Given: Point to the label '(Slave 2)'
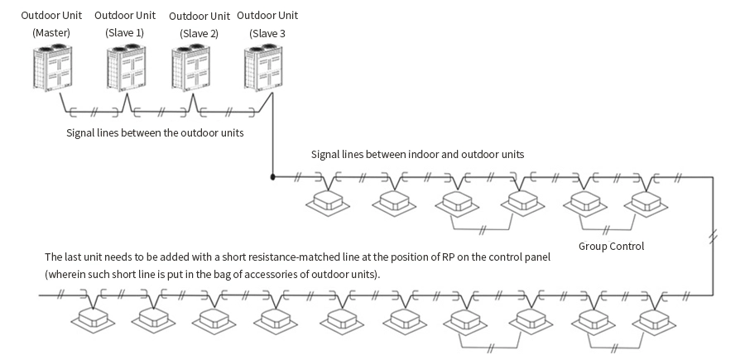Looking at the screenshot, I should point(198,32).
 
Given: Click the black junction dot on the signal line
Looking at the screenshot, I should point(272,175).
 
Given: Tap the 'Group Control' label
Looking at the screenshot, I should point(610,246).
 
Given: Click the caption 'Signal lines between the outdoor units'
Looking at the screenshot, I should point(155,132).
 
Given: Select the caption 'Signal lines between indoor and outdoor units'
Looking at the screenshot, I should point(417,154).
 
